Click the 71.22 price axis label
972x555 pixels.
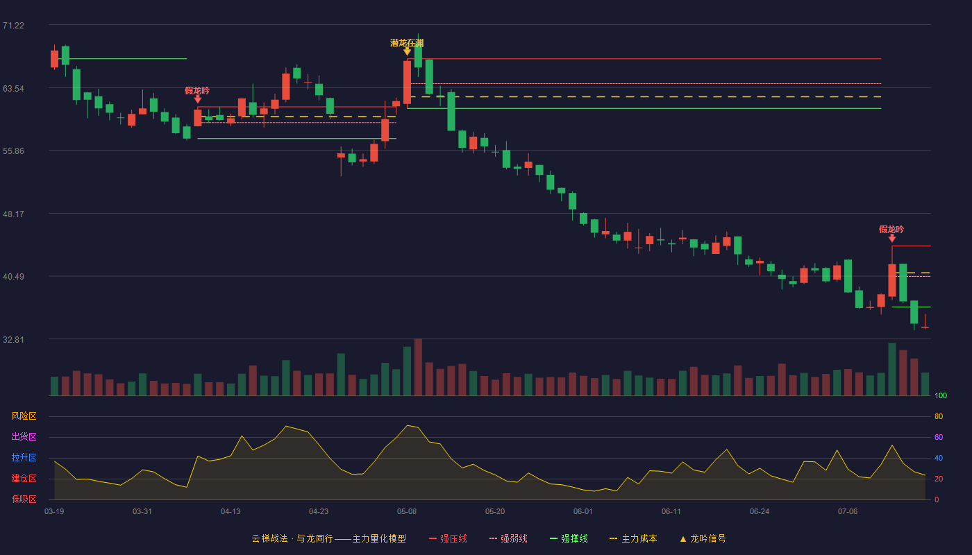[13, 26]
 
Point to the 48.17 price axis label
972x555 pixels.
[13, 214]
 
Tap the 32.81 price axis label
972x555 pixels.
[13, 339]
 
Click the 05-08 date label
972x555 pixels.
[407, 512]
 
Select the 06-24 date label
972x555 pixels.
[760, 512]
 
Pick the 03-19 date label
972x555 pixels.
[54, 512]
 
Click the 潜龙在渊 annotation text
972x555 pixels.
[407, 43]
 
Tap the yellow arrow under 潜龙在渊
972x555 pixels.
[407, 51]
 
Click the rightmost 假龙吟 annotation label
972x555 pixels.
[891, 230]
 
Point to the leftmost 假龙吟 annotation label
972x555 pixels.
[197, 91]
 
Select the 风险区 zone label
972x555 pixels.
[24, 416]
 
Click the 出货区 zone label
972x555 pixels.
[24, 436]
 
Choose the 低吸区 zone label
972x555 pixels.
[24, 499]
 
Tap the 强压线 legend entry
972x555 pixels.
[448, 538]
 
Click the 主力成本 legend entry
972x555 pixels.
[633, 538]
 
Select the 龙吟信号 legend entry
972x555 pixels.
[703, 538]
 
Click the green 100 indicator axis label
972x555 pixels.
[941, 395]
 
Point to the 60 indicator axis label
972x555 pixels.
[939, 437]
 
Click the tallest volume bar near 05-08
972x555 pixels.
[418, 367]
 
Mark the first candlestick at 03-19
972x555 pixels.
[54, 58]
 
